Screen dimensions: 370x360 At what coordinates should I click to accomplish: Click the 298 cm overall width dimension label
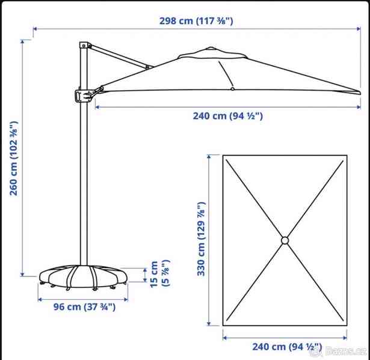(x=196, y=21)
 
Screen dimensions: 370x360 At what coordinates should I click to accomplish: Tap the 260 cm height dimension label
(x=14, y=158)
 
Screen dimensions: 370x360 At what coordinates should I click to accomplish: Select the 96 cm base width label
(x=84, y=307)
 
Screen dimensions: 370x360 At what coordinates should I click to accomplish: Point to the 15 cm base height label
(x=160, y=273)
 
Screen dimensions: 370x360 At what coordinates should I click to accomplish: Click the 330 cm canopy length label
(x=202, y=239)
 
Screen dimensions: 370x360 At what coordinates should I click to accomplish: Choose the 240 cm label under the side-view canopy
(x=227, y=116)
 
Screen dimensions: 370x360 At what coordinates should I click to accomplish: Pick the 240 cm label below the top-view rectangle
(x=287, y=347)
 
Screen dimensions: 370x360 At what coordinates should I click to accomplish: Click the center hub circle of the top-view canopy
(x=285, y=240)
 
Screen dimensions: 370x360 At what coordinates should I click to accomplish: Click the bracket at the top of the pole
(x=85, y=45)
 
